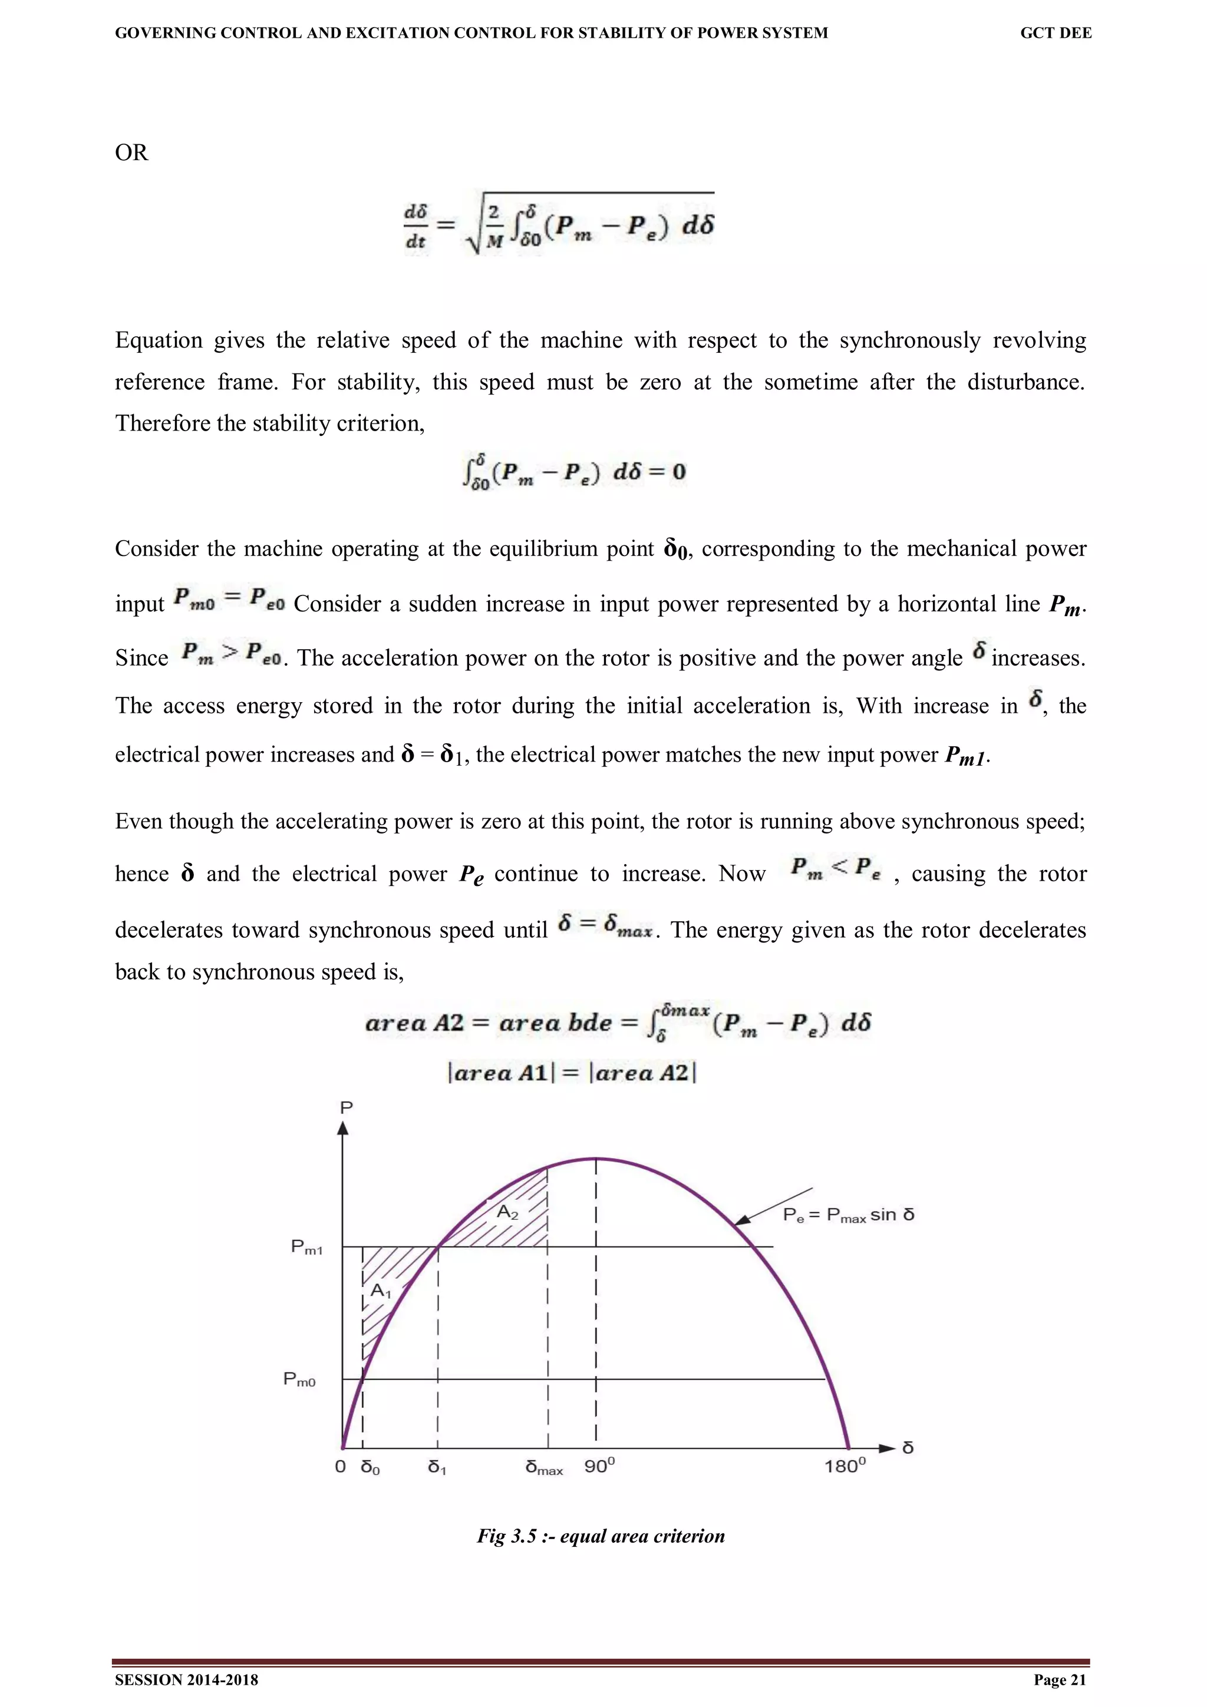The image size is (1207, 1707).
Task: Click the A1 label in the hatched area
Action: (381, 1291)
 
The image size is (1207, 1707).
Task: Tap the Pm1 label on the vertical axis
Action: (306, 1247)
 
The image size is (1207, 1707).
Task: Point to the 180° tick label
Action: (845, 1466)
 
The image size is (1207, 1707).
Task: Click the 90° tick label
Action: (599, 1466)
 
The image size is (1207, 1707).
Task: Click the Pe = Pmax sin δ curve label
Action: (848, 1215)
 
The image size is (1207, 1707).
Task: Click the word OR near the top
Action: (131, 153)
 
